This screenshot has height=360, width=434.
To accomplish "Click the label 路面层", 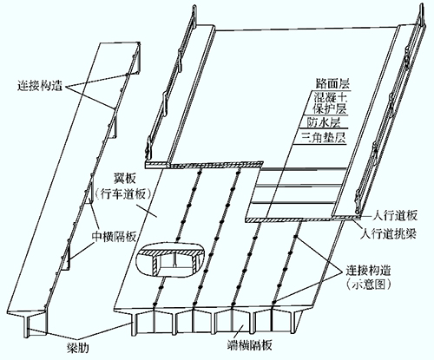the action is [332, 84].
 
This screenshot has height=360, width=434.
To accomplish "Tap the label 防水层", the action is [323, 123].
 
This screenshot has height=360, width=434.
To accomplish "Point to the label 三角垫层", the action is [324, 137].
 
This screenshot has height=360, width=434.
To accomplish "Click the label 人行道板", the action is [395, 216].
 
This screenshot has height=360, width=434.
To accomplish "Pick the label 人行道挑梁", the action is [389, 233].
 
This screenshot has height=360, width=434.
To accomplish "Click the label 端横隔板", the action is [249, 345].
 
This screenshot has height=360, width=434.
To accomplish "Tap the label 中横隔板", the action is [114, 237].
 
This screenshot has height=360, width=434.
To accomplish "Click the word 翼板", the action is [125, 180].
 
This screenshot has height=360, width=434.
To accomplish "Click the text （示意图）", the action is [368, 285].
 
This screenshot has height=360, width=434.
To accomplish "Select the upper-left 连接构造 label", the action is [40, 86].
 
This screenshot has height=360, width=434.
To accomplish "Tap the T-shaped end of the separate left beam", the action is [27, 324].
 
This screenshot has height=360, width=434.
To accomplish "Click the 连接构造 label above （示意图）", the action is [369, 271].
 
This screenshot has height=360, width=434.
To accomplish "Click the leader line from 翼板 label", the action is [147, 210].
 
